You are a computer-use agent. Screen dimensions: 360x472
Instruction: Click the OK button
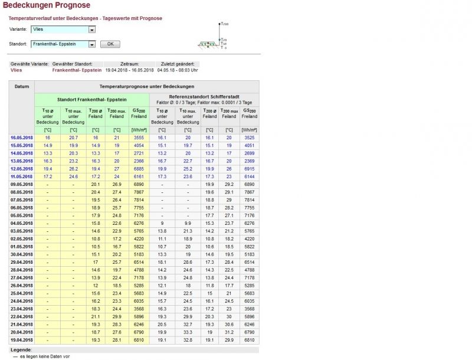point(110,44)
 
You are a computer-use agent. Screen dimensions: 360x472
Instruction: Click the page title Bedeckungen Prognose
point(46,5)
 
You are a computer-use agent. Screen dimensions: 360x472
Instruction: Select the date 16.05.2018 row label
point(22,137)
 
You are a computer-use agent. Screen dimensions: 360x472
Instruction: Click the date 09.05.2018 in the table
point(22,184)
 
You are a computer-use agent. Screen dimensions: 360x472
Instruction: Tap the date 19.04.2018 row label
point(22,340)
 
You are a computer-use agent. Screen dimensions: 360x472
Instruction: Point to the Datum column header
point(22,86)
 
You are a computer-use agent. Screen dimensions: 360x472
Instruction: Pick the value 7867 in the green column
point(139,192)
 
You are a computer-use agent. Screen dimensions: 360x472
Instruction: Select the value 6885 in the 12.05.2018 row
point(139,168)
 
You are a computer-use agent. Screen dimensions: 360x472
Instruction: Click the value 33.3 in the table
point(188,332)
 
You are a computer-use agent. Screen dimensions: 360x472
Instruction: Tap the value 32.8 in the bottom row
point(188,340)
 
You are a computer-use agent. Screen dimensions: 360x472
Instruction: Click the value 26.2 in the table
point(73,168)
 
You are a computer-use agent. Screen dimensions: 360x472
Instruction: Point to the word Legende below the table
point(21,350)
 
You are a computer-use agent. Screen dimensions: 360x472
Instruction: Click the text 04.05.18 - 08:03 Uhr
point(177,70)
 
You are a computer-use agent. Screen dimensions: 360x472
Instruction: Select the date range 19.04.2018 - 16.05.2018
point(129,70)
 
